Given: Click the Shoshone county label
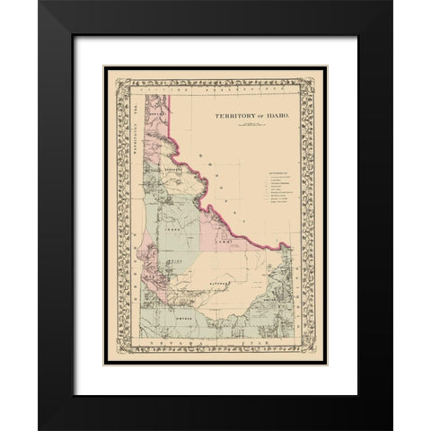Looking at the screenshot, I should coord(163,168).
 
